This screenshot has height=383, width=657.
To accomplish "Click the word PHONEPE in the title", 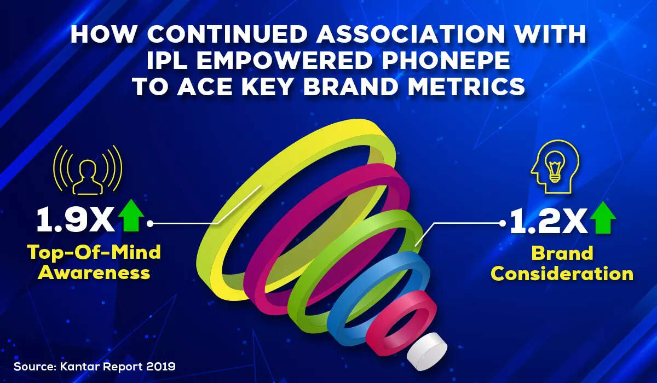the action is pos(446,60).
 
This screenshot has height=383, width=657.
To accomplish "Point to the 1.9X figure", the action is pos(76,220).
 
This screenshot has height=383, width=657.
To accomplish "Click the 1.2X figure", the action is pos(549,222).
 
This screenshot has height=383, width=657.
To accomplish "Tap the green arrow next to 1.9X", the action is pos(131,216).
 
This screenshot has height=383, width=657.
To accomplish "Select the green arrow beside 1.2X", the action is pos(603,218).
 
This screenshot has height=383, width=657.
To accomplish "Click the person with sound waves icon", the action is pos(88,170).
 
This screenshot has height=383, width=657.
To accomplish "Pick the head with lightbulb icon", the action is pos(555,166).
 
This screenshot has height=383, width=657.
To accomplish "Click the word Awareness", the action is pos(94,272).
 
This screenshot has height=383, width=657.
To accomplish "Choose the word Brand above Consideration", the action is pos(562,253).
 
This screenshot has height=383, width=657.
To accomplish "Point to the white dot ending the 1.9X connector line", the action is pos(150,224).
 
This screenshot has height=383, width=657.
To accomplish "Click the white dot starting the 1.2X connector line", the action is pos(503,223).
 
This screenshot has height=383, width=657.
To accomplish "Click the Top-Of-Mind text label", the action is pos(94,253).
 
